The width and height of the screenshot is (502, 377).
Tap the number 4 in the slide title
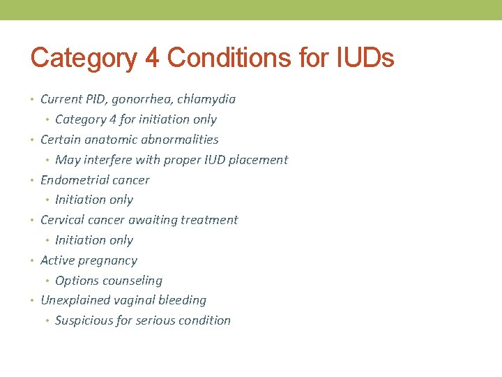(x=151, y=57)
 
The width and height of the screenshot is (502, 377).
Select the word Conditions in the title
(x=220, y=57)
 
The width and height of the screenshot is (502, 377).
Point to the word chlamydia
(x=207, y=99)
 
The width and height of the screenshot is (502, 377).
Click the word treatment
(x=209, y=220)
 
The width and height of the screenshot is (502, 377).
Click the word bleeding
(x=183, y=300)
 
